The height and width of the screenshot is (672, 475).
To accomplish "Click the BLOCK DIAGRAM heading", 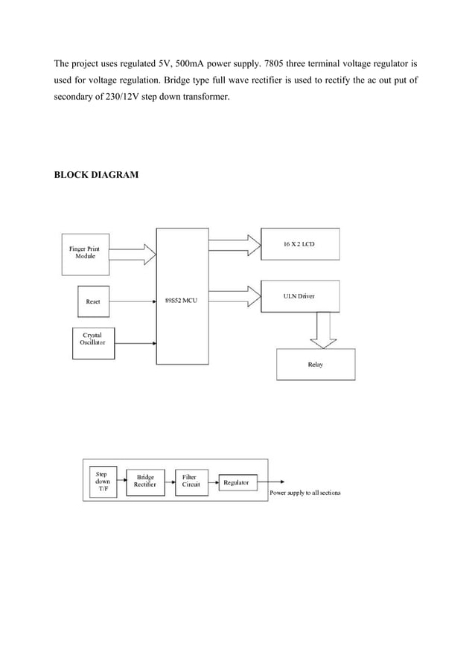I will tap(96, 176).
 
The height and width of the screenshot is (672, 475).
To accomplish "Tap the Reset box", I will tap(93, 301).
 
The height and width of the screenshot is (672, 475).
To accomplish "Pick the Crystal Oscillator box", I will tap(93, 339).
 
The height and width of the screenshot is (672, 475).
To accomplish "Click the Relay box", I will tap(315, 365).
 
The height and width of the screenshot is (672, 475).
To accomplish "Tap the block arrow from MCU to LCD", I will tap(235, 243).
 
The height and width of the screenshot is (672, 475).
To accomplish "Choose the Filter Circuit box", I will tap(189, 481).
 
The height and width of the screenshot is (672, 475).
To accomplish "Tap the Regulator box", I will tap(237, 482).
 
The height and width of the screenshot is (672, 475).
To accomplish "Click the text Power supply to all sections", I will tap(305, 493).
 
